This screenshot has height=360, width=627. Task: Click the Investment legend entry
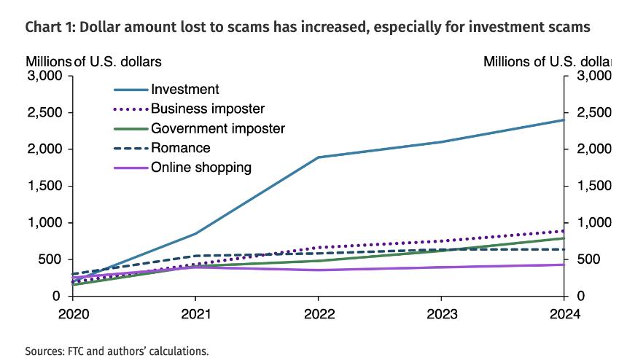(184, 90)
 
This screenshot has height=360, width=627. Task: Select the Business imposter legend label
(207, 109)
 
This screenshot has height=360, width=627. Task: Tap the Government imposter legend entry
(217, 128)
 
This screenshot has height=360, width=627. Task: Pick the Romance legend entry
(180, 148)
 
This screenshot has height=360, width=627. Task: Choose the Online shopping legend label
(200, 168)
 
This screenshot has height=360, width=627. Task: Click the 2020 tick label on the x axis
(73, 316)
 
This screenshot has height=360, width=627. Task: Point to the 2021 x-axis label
(195, 316)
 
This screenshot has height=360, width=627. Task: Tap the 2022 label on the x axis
(318, 316)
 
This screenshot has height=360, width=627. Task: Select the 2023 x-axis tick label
(440, 316)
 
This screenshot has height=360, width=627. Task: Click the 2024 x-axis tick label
(563, 316)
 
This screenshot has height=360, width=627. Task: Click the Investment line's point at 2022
(318, 157)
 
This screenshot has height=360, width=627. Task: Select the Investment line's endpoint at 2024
(563, 120)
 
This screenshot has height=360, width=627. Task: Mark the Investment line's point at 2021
(195, 234)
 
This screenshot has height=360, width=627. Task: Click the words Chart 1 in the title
(47, 28)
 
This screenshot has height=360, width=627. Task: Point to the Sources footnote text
(117, 351)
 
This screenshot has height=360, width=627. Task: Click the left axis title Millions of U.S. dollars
(93, 61)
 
